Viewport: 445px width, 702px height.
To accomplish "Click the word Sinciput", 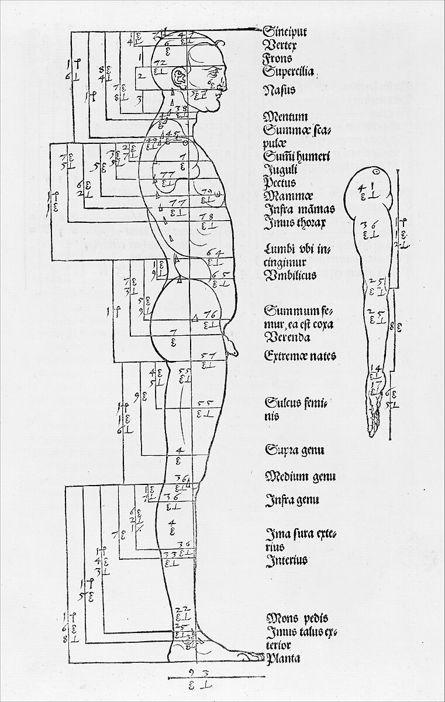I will point(285,31).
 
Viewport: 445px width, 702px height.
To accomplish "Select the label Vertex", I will point(281,44).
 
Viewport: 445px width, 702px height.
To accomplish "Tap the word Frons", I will point(278,58).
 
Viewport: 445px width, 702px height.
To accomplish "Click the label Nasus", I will point(279,91).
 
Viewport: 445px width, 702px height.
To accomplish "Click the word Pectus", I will point(280,183).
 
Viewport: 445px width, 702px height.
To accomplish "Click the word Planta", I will point(283,659).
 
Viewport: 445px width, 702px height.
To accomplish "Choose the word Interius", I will point(287,561).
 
